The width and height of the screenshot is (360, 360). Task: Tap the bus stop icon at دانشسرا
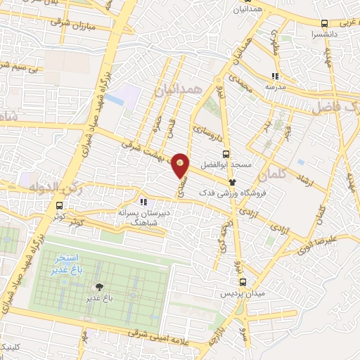324,23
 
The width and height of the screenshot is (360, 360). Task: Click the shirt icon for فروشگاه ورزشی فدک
231,181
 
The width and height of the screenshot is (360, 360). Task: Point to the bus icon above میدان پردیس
236,281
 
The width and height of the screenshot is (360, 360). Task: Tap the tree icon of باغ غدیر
98,286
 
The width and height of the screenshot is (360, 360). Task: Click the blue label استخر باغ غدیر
68,264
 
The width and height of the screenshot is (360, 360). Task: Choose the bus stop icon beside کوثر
59,206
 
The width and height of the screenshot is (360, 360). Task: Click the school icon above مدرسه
276,76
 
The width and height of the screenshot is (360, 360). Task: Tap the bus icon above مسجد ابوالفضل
226,154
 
